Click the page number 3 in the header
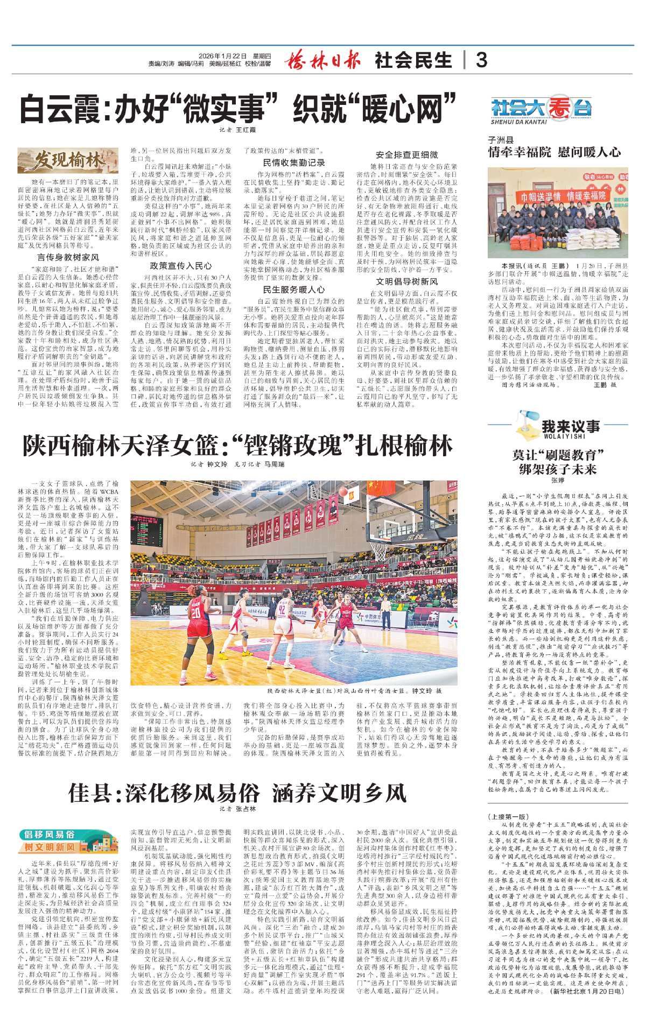click(482, 60)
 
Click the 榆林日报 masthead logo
click(322, 60)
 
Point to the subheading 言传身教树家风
click(68, 257)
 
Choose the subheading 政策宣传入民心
click(181, 266)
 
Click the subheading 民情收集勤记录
click(294, 163)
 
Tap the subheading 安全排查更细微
click(407, 154)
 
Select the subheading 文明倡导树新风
click(407, 281)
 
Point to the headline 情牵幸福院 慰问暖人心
click(554, 152)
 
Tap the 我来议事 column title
click(571, 427)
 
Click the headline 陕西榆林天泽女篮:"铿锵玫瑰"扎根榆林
click(237, 446)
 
